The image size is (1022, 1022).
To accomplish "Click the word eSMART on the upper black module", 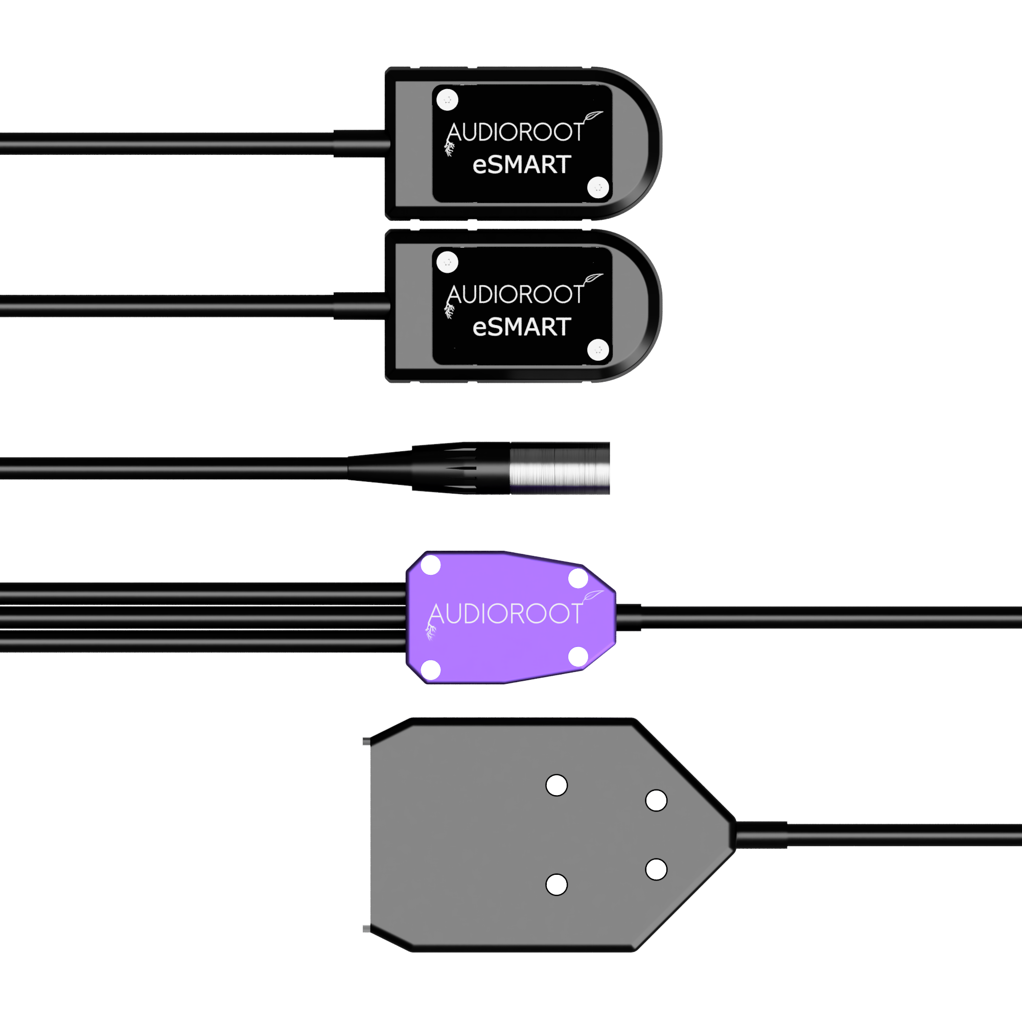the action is point(522,165).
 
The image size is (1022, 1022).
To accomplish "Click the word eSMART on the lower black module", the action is point(522,327).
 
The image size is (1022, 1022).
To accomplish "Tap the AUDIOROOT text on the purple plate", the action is point(506,614).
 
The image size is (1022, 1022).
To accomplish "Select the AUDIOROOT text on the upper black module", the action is point(515,132).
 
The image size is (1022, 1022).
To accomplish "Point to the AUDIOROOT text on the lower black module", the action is point(515,294).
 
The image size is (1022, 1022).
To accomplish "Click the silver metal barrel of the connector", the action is point(560,468).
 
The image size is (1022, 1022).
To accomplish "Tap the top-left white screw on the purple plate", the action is point(431,565).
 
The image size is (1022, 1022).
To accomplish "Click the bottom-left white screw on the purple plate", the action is point(431,670).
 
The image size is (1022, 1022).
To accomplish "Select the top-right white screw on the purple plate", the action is point(578,578).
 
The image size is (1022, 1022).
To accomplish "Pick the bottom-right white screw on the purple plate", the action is point(578,657).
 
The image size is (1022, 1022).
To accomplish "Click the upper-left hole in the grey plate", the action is point(556,785).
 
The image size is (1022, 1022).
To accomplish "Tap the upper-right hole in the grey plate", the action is point(657,801).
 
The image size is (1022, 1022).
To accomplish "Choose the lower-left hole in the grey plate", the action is point(556,885).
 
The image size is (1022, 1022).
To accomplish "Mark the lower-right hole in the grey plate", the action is point(657,870).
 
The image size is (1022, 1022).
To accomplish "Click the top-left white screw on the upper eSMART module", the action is point(448,100).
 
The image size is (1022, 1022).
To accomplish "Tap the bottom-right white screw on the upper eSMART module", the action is point(598,187).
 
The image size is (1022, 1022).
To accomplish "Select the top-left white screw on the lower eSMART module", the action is point(448,262).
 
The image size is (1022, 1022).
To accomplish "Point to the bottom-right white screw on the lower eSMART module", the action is point(598,350).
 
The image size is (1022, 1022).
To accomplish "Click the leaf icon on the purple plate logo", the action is point(593,596).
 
